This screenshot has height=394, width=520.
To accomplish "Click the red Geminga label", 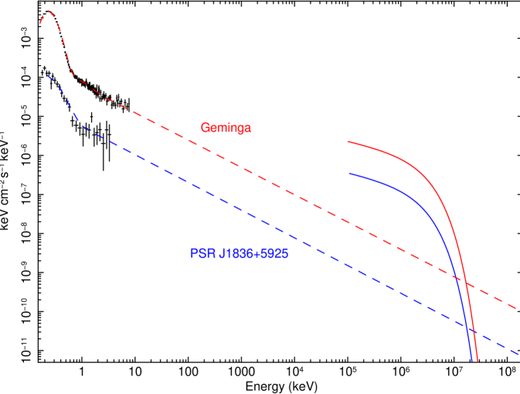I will (x=226, y=128).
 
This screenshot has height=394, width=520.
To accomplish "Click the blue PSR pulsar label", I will (x=240, y=253).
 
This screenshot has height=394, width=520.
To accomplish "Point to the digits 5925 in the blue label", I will (x=274, y=253).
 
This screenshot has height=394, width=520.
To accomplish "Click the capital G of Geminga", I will (x=205, y=128).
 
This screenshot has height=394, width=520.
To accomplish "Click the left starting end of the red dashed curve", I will (x=40, y=25).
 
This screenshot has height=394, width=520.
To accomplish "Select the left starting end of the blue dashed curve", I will (x=48, y=76).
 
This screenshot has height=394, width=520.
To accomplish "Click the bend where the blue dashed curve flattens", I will (x=81, y=125).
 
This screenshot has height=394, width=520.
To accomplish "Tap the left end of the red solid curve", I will (x=348, y=142).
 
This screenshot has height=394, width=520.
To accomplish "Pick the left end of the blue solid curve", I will (x=348, y=173).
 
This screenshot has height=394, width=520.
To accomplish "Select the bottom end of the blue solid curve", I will (x=471, y=361).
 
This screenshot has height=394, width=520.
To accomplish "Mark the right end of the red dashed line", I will (x=517, y=308).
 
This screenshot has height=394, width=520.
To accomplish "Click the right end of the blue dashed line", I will (x=518, y=354).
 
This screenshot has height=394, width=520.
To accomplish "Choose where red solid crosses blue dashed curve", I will (x=474, y=331).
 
